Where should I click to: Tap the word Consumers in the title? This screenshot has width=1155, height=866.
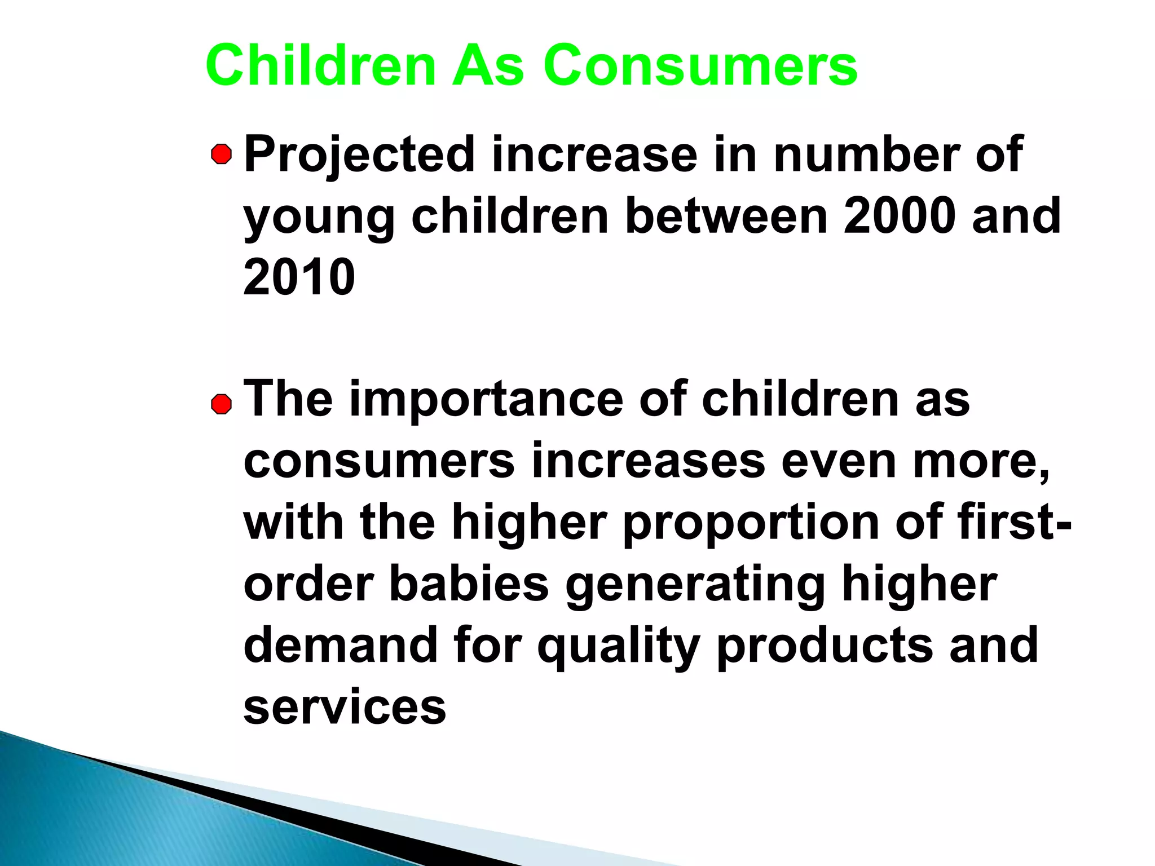click(x=700, y=65)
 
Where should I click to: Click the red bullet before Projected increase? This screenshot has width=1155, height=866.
click(x=222, y=154)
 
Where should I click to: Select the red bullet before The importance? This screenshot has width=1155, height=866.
click(x=222, y=404)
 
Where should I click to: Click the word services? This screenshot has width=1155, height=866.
click(x=345, y=708)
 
